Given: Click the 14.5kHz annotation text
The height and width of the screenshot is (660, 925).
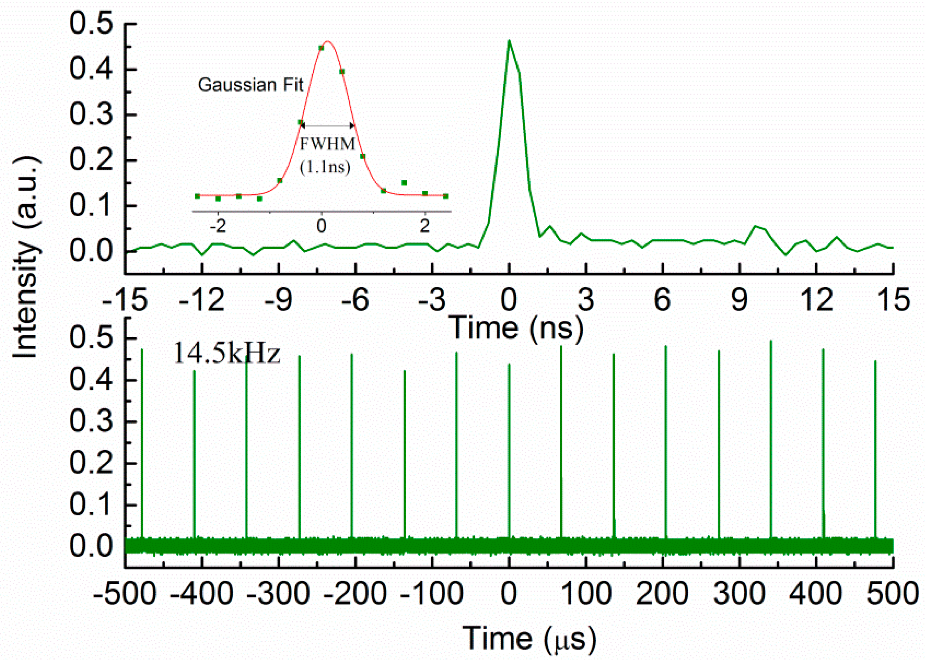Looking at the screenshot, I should [226, 353].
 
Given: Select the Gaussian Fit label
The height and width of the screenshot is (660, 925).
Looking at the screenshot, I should [251, 85].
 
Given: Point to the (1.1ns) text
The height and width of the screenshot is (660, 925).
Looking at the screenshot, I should [325, 167].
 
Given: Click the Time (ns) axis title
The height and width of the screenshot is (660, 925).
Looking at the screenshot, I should [517, 327].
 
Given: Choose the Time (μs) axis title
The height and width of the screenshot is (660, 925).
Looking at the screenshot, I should [529, 638].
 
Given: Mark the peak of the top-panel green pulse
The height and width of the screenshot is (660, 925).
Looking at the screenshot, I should [509, 41].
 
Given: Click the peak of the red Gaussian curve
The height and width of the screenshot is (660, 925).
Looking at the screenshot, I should [328, 42].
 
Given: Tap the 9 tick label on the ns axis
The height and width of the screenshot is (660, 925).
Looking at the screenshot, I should [739, 300].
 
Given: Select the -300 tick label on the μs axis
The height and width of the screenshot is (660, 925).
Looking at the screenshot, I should [278, 593].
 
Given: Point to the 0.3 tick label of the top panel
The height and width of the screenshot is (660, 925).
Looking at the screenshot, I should [91, 115].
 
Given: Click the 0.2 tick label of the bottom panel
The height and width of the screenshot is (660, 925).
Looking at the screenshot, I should [91, 463].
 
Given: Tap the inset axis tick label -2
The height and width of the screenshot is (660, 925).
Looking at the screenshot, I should [218, 226].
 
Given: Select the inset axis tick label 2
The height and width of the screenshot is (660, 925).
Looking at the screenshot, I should [425, 226].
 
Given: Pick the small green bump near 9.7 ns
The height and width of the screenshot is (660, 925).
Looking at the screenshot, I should [755, 226].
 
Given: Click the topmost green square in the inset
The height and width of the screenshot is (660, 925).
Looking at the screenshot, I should [321, 48].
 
